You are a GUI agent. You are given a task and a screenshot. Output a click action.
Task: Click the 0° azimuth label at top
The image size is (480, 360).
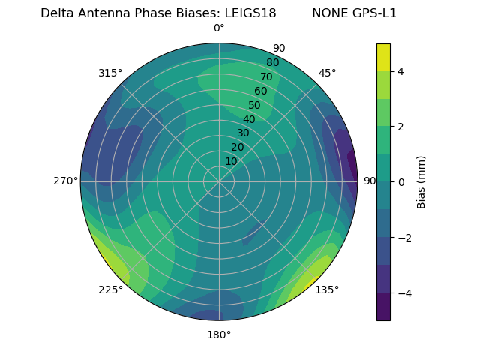(219, 28)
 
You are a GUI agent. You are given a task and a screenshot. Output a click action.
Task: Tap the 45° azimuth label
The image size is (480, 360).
(327, 73)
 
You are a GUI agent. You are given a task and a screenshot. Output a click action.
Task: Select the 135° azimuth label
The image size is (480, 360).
(327, 289)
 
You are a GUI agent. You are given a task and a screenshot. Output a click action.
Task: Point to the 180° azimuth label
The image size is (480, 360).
(219, 334)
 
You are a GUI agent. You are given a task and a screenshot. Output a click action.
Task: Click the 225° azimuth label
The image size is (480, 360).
(110, 290)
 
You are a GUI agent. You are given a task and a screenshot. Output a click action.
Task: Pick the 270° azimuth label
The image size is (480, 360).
(65, 181)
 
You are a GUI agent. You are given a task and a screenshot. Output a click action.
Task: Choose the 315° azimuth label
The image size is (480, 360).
(110, 73)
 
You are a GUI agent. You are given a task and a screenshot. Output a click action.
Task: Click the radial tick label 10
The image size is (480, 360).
(231, 161)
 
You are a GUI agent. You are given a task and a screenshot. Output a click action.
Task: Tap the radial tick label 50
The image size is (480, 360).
(254, 106)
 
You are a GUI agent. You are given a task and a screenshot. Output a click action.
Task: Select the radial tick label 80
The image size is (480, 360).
(272, 62)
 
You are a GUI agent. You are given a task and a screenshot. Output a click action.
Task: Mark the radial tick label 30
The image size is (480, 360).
(243, 133)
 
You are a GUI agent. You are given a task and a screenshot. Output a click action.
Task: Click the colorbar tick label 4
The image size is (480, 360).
(400, 71)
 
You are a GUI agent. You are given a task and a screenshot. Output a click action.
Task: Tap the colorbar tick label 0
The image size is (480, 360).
(400, 182)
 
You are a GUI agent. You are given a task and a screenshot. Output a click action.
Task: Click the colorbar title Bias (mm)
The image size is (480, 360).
(421, 182)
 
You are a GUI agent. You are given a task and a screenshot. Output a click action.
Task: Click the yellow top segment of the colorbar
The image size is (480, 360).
(383, 57)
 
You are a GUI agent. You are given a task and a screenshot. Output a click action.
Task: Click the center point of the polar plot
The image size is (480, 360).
(219, 181)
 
